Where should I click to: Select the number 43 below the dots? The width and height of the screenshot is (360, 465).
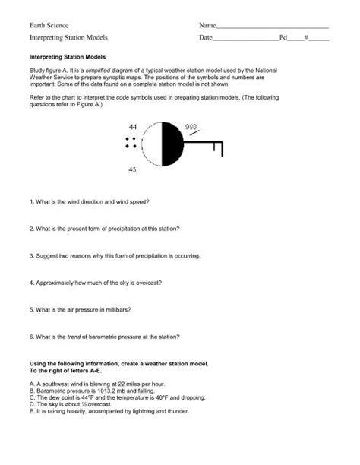(x=132, y=169)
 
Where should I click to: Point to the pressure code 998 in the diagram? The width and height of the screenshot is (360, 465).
(x=191, y=126)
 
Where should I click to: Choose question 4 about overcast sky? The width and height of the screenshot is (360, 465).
(x=96, y=282)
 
